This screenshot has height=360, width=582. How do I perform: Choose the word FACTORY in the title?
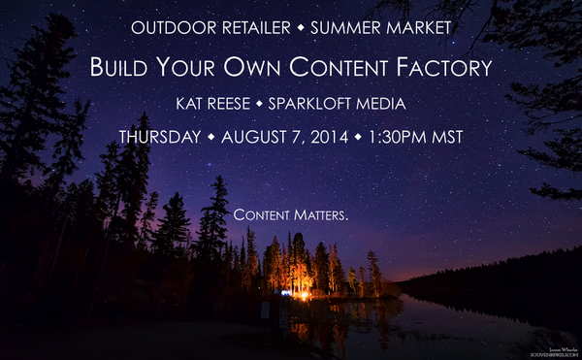click(x=447, y=68)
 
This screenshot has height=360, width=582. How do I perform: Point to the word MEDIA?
click(x=406, y=104)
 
